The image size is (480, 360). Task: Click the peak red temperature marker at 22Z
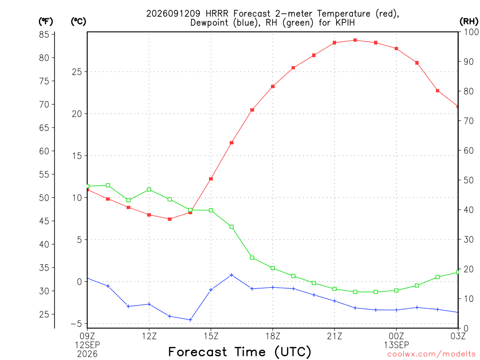click(355, 40)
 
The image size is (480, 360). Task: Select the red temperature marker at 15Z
click(211, 179)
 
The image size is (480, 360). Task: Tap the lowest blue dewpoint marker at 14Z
click(190, 320)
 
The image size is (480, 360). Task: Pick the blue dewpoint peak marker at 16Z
click(232, 275)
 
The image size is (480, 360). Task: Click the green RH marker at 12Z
click(149, 189)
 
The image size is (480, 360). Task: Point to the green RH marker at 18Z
click(273, 268)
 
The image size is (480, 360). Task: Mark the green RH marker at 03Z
click(457, 272)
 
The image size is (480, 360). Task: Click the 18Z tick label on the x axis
click(273, 336)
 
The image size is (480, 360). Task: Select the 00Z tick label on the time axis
click(397, 336)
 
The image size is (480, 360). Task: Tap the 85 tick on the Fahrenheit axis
click(44, 34)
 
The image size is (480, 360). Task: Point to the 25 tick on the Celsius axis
click(77, 72)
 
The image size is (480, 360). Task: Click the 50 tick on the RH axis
click(468, 180)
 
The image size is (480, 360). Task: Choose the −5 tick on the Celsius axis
click(76, 323)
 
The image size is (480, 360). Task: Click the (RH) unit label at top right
click(469, 21)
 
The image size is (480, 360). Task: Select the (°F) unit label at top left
click(45, 22)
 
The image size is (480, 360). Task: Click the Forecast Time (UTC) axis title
click(240, 352)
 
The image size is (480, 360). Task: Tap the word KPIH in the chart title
click(345, 22)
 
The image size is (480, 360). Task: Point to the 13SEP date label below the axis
click(397, 345)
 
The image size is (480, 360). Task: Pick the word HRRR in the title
click(217, 14)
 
